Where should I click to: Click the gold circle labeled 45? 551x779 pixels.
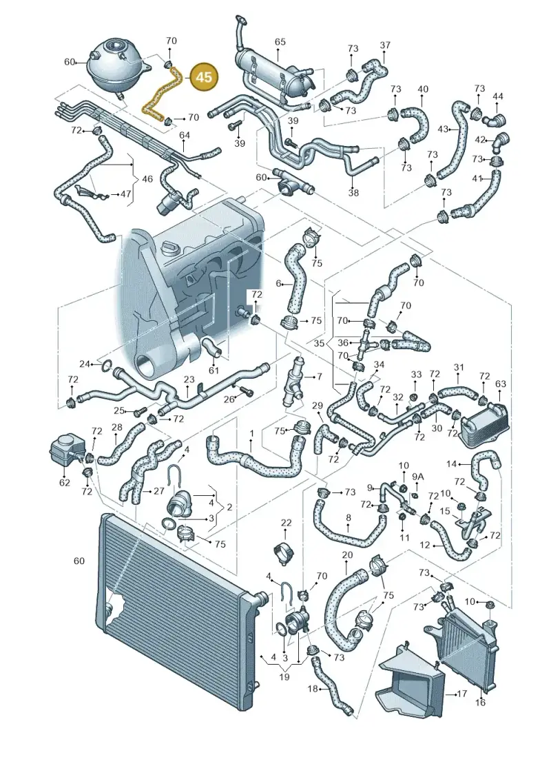click(204, 77)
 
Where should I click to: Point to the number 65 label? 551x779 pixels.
click(280, 42)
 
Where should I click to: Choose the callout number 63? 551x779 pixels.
click(500, 383)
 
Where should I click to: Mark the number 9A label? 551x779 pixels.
click(419, 477)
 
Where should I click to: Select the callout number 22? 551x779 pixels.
click(287, 523)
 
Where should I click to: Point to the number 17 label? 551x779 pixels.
click(461, 692)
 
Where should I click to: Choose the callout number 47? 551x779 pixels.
click(126, 194)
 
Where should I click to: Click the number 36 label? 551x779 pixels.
click(343, 342)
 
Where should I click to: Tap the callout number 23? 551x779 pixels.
click(189, 380)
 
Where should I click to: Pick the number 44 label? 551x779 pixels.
click(498, 95)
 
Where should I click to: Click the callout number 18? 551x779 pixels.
click(313, 689)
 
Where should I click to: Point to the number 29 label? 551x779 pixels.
click(318, 406)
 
